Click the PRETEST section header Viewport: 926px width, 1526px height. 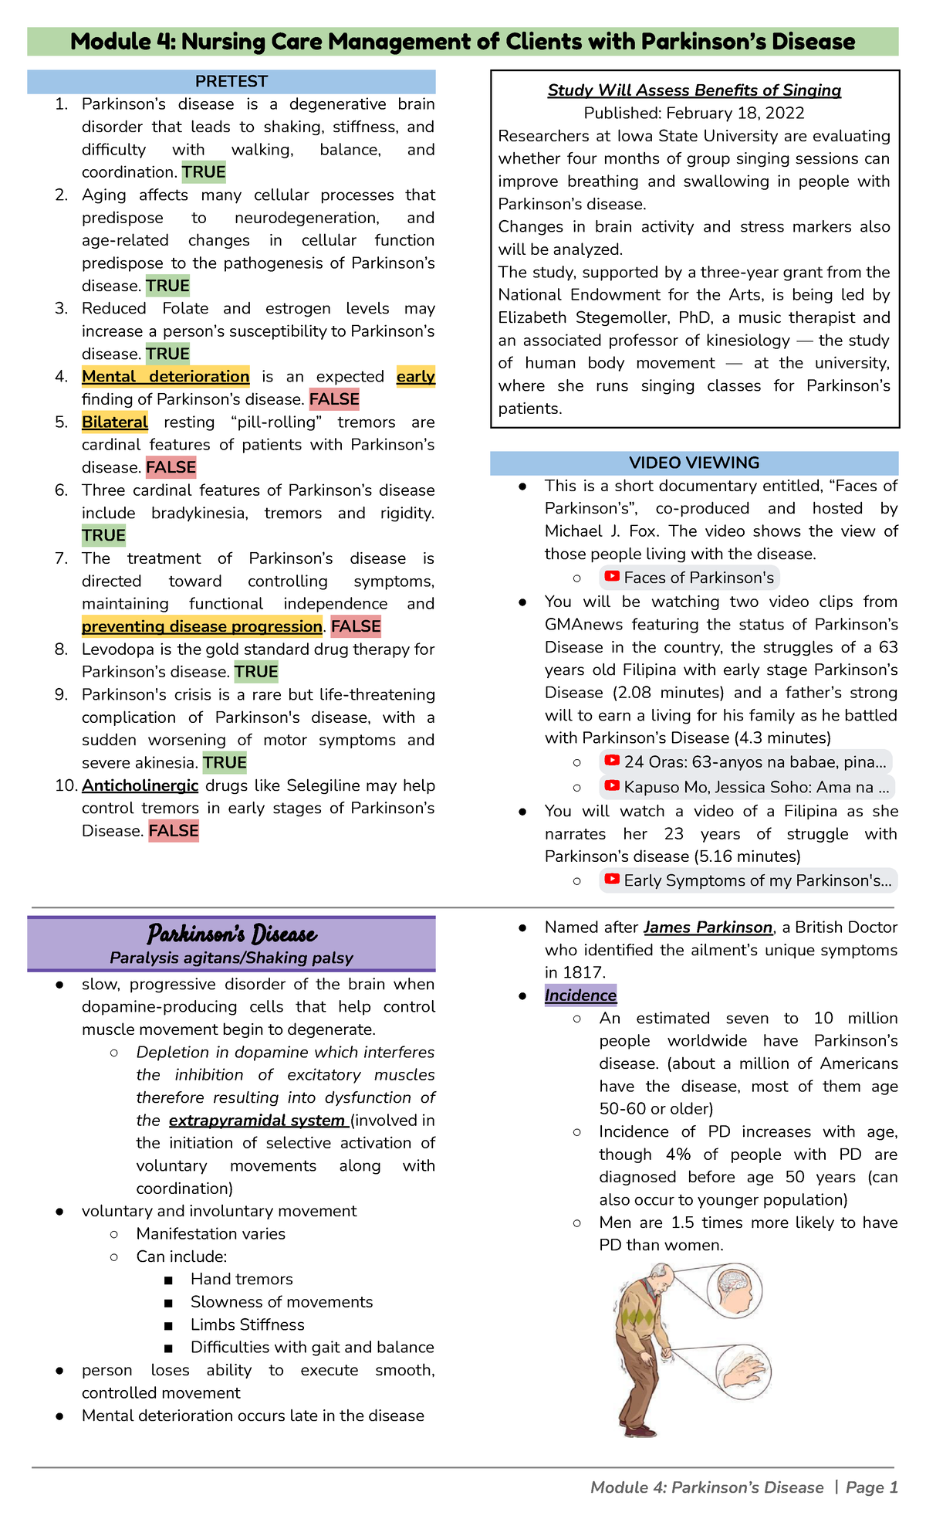click(231, 81)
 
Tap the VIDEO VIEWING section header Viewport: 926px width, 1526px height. click(694, 463)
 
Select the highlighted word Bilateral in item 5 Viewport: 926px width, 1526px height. click(114, 422)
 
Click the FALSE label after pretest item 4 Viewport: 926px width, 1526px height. click(334, 399)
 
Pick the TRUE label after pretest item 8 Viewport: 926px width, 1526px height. click(256, 672)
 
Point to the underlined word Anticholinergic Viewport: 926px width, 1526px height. click(140, 785)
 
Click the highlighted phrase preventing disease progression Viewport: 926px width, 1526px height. click(202, 626)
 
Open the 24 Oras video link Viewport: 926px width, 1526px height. click(745, 762)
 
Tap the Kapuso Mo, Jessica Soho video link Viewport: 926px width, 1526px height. click(747, 788)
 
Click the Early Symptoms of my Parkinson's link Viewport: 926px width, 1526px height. click(748, 880)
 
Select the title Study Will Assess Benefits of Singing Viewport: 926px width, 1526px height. click(694, 90)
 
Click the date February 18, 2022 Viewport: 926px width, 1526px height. click(735, 114)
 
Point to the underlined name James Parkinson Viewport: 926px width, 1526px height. click(708, 927)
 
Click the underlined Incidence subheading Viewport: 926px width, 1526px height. click(580, 995)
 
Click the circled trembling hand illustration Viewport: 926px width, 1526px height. click(742, 1372)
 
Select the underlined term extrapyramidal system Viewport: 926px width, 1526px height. click(258, 1121)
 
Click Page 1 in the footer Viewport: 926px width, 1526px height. click(871, 1487)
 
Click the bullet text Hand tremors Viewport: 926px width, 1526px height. click(242, 1280)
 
